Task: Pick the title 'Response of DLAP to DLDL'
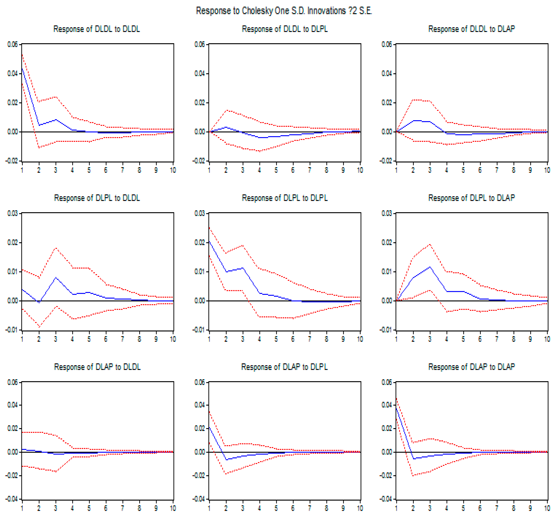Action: [x=97, y=367]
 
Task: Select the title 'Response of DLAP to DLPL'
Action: [x=285, y=367]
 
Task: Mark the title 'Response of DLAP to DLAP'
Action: [x=471, y=367]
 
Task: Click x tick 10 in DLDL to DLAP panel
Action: [x=547, y=170]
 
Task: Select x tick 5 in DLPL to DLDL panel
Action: [x=89, y=339]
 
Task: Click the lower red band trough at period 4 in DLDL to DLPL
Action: [x=260, y=151]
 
